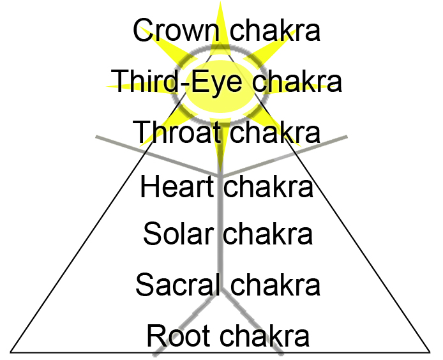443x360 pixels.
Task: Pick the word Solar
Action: click(x=177, y=234)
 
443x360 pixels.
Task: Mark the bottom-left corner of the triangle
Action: click(x=11, y=351)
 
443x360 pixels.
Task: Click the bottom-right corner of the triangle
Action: click(x=431, y=351)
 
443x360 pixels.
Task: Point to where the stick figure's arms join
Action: click(x=221, y=174)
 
